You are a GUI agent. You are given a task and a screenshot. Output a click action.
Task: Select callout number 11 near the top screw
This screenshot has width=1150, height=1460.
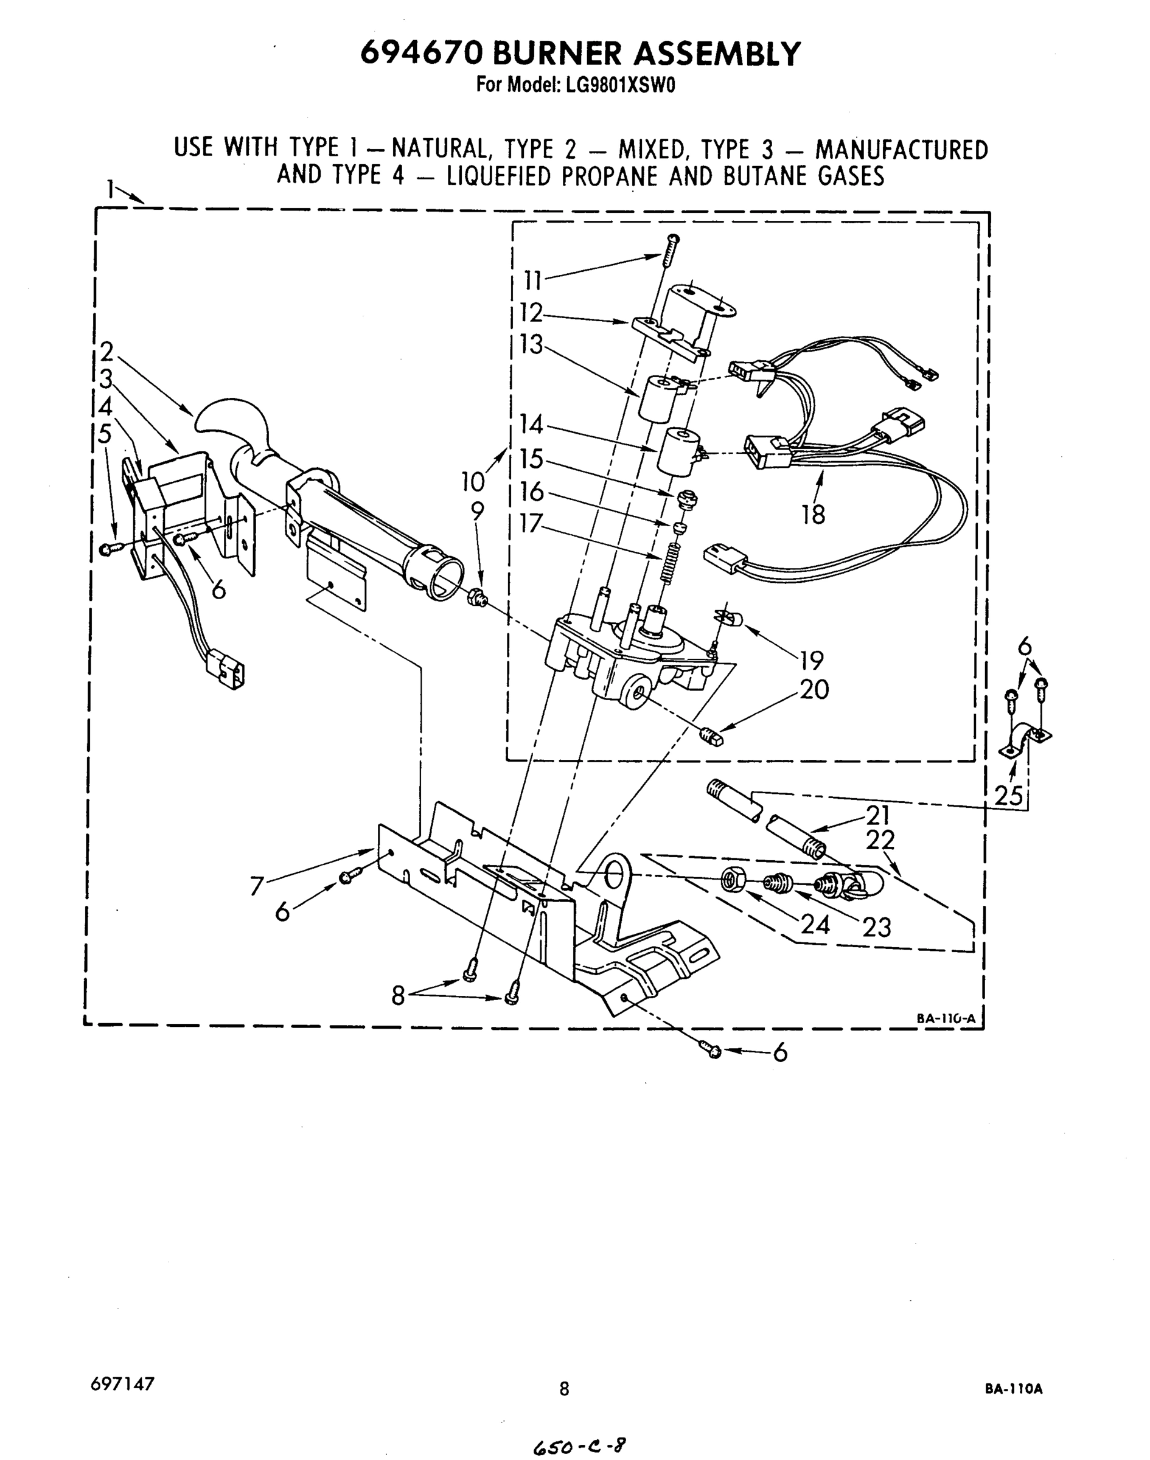pyautogui.click(x=533, y=279)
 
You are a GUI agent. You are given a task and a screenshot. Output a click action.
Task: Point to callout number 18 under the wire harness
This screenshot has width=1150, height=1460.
pyautogui.click(x=814, y=515)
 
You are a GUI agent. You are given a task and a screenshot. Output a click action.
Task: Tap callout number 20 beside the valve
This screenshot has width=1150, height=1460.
pyautogui.click(x=814, y=689)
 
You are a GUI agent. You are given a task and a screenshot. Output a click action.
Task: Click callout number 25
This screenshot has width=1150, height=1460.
pyautogui.click(x=1009, y=796)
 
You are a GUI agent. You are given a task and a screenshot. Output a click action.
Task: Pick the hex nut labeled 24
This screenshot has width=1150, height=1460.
pyautogui.click(x=732, y=880)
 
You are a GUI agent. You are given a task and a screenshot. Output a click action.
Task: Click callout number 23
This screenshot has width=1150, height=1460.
pyautogui.click(x=877, y=928)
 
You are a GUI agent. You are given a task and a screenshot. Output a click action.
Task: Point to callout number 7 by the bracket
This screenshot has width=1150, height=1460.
pyautogui.click(x=257, y=886)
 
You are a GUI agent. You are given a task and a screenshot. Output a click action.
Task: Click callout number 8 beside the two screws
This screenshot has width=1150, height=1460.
pyautogui.click(x=399, y=996)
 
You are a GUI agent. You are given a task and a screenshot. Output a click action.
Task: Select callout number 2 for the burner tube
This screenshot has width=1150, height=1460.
pyautogui.click(x=106, y=352)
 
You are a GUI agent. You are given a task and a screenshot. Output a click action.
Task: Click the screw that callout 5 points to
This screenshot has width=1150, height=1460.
pyautogui.click(x=108, y=550)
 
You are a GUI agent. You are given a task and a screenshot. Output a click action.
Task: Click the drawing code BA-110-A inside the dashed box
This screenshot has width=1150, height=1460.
pyautogui.click(x=946, y=1018)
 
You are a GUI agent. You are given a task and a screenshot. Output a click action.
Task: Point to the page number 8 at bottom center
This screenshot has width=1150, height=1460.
pyautogui.click(x=564, y=1389)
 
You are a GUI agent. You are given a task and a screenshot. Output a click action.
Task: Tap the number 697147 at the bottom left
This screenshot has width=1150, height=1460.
pyautogui.click(x=122, y=1383)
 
